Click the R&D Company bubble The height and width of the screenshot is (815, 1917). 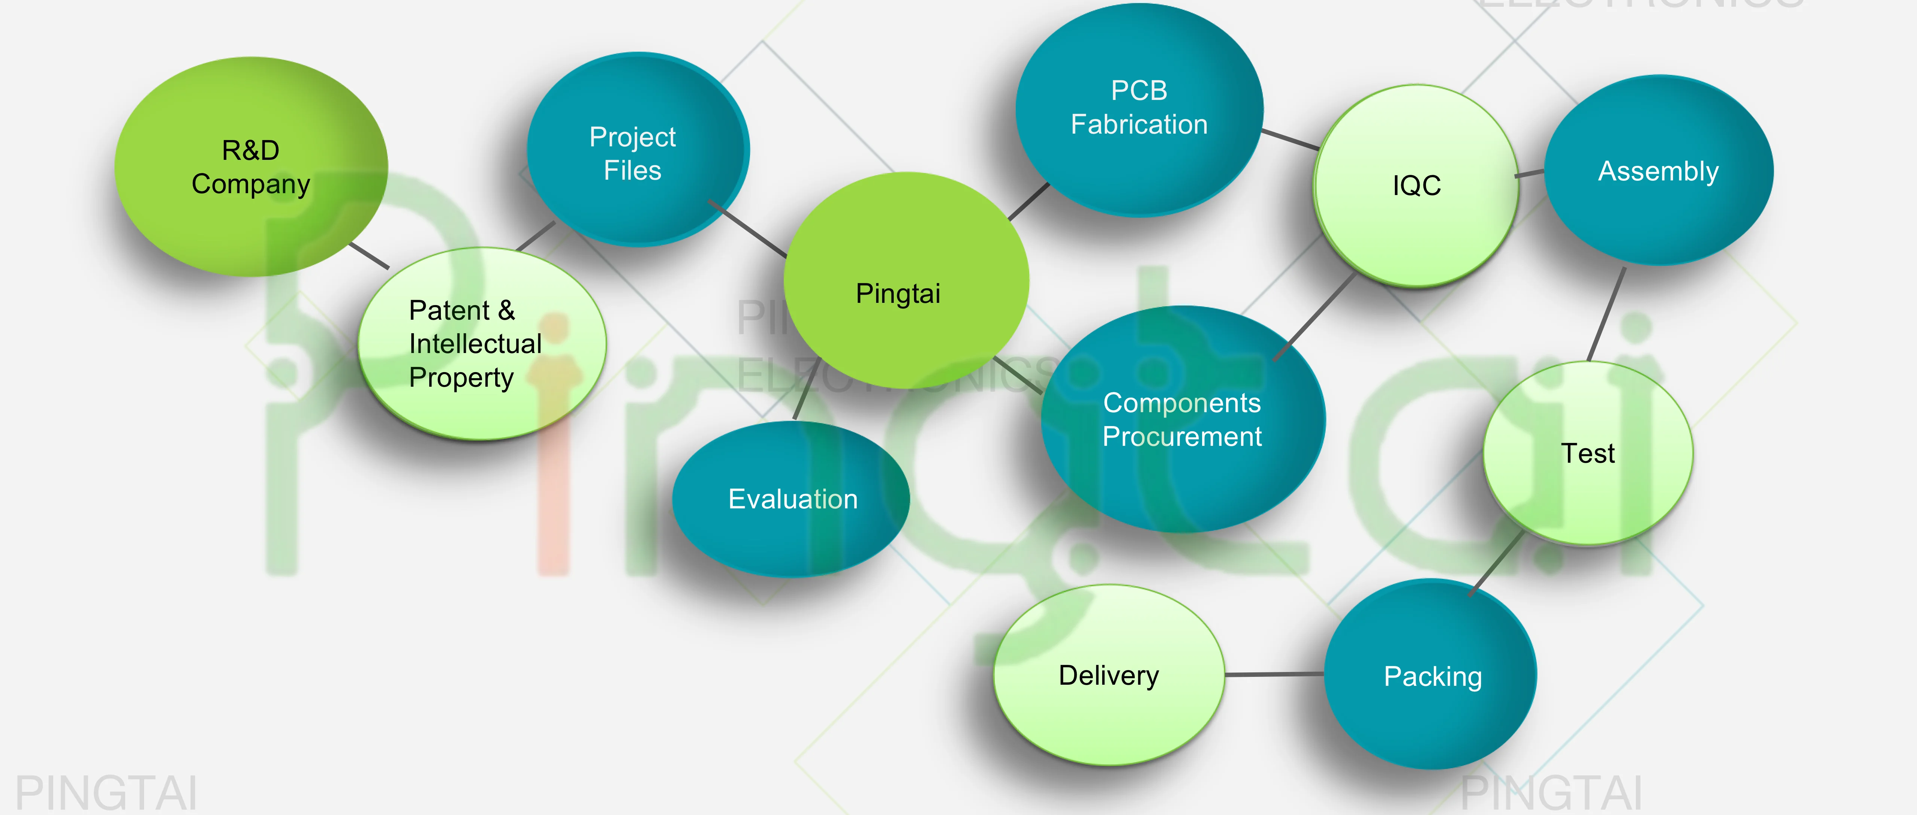(x=251, y=167)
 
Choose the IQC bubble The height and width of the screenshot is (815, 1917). (x=1416, y=185)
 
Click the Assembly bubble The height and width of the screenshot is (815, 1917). (x=1658, y=171)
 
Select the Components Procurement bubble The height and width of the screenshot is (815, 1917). (x=1182, y=419)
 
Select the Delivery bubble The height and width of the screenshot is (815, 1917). (x=1109, y=675)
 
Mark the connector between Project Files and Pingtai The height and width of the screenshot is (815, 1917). (x=748, y=229)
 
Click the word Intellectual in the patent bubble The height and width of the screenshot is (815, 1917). (x=475, y=344)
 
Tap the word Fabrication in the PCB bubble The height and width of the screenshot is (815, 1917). (x=1139, y=124)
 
